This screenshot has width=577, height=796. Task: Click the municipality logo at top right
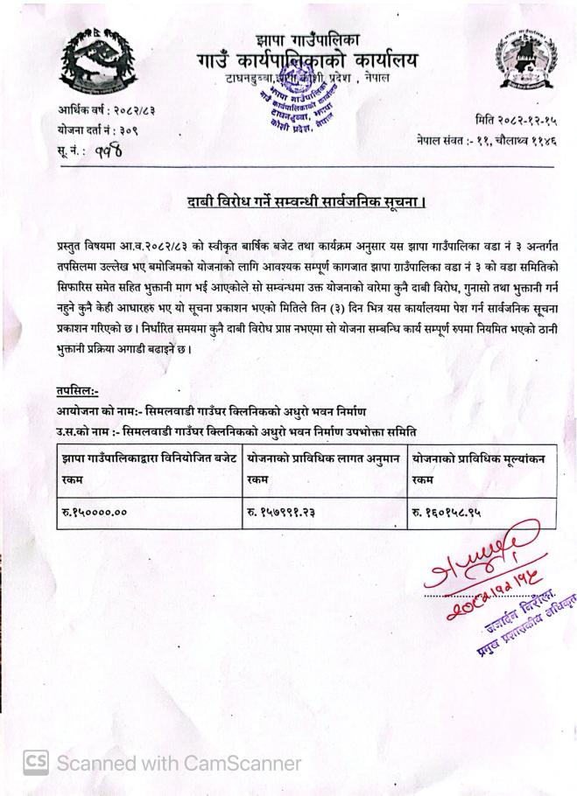click(x=524, y=61)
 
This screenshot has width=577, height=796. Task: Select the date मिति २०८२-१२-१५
click(x=516, y=120)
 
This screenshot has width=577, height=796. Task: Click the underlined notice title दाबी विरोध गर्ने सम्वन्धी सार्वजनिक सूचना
click(x=306, y=203)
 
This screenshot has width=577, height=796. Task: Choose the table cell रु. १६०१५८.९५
click(x=447, y=513)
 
